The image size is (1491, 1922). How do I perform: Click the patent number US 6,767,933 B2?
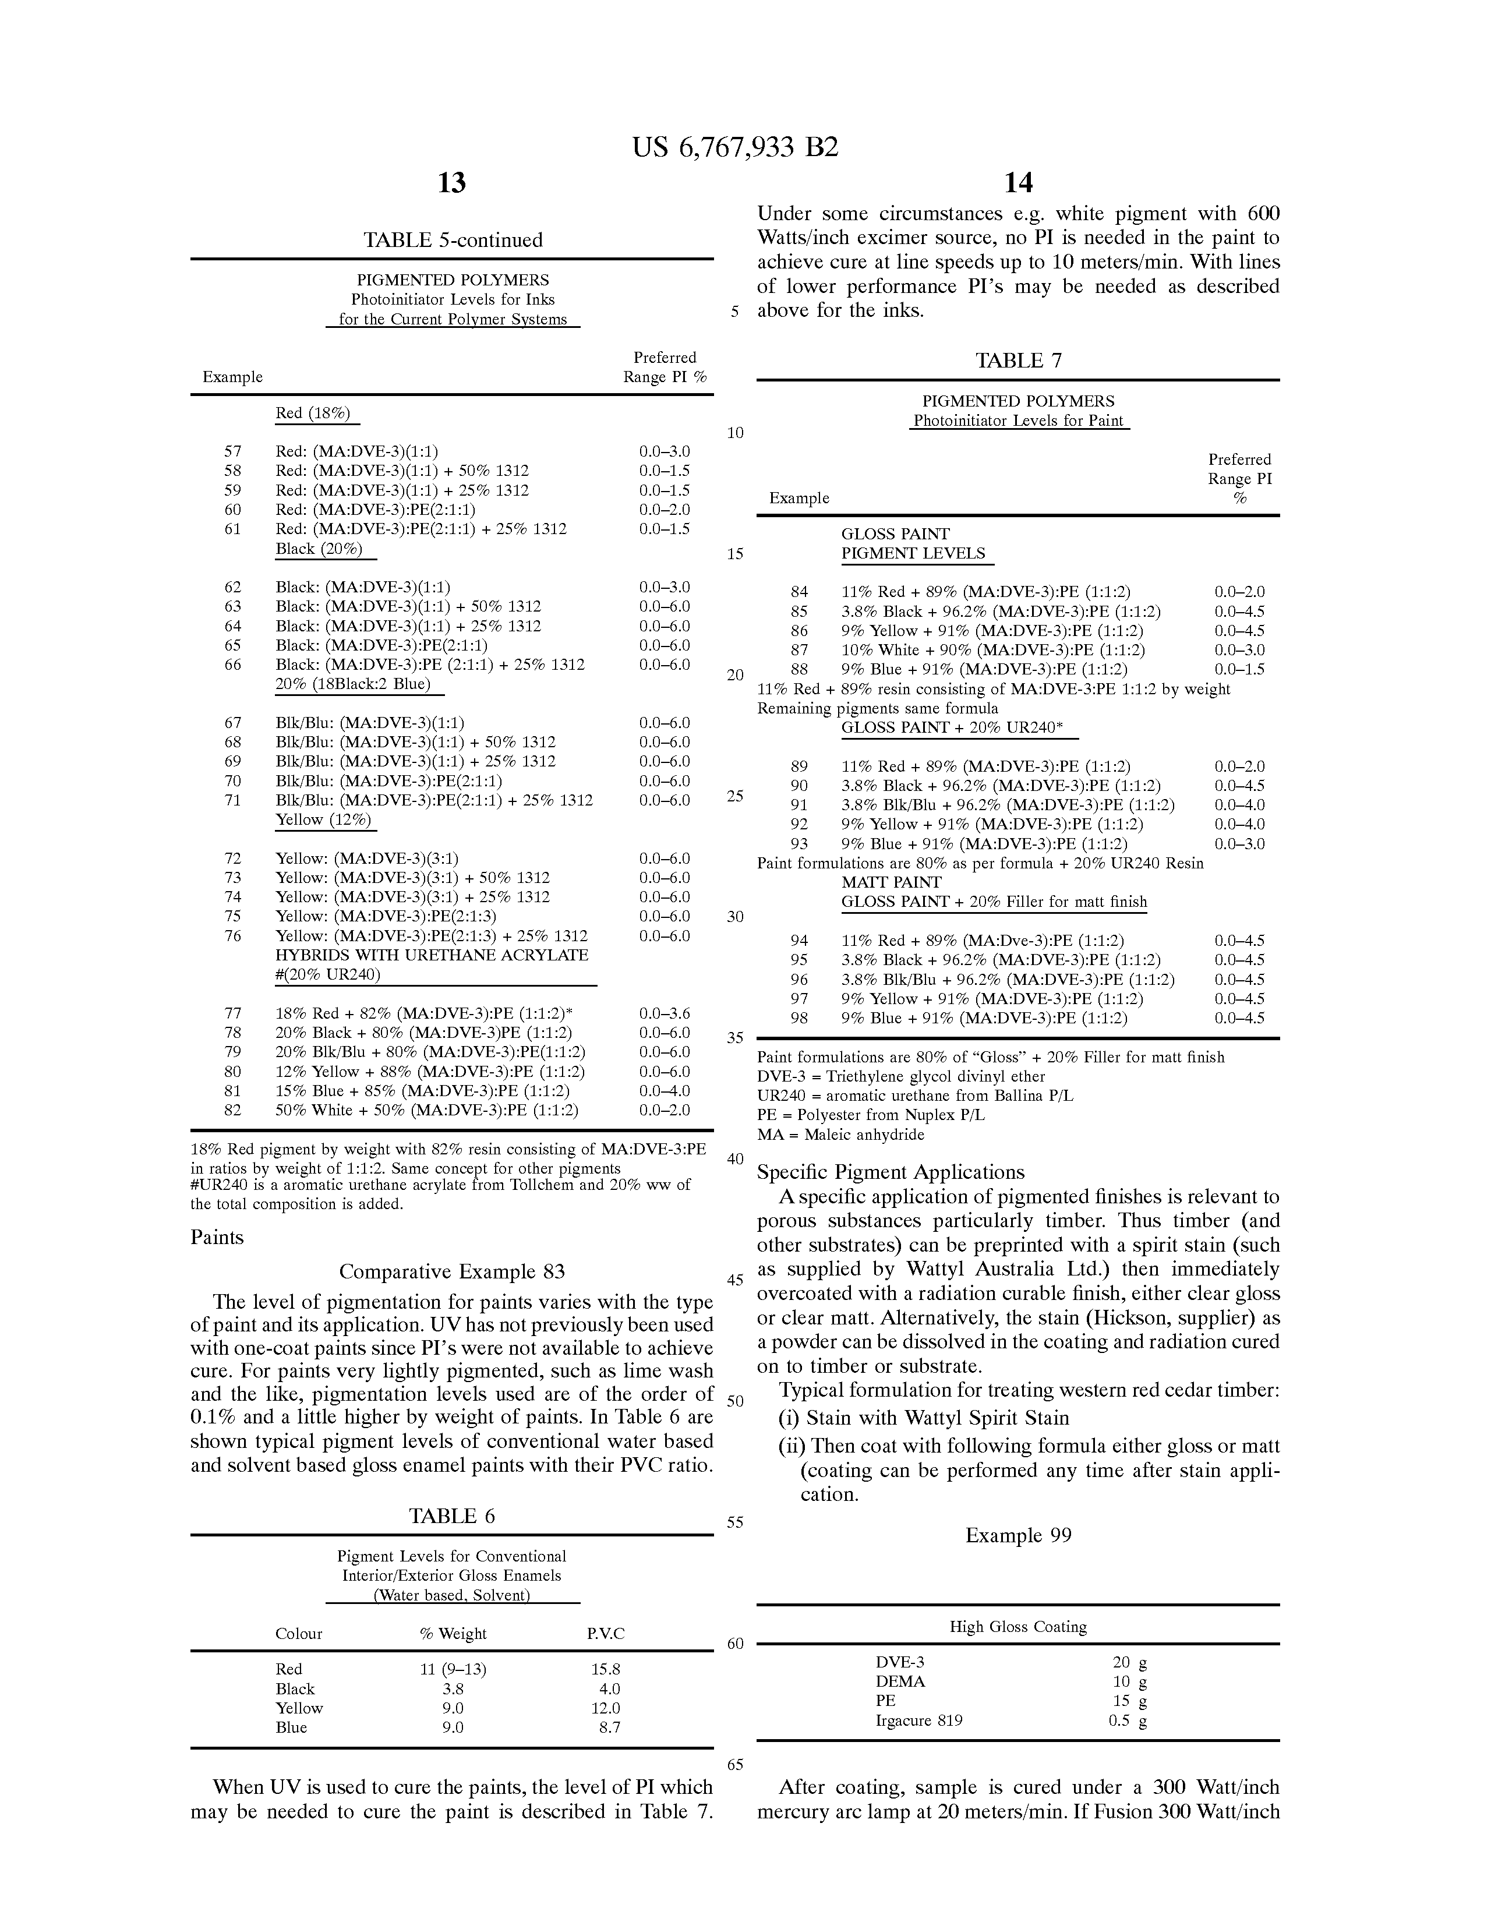pos(735,147)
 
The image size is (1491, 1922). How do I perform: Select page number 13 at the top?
pos(451,183)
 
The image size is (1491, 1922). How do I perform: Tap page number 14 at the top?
pos(1018,183)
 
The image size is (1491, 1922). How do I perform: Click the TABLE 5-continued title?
pos(453,240)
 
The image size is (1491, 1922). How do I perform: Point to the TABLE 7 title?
pos(1018,361)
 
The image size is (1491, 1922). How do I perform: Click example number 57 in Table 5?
pos(232,451)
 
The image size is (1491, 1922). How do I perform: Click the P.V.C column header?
pos(606,1634)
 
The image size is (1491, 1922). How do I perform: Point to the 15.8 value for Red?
pos(606,1669)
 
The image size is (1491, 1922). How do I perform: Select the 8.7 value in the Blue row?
pos(609,1727)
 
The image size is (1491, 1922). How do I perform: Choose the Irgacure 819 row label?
pos(919,1720)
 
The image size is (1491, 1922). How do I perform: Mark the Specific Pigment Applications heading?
pos(891,1172)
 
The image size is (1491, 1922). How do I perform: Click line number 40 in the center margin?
pos(735,1159)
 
